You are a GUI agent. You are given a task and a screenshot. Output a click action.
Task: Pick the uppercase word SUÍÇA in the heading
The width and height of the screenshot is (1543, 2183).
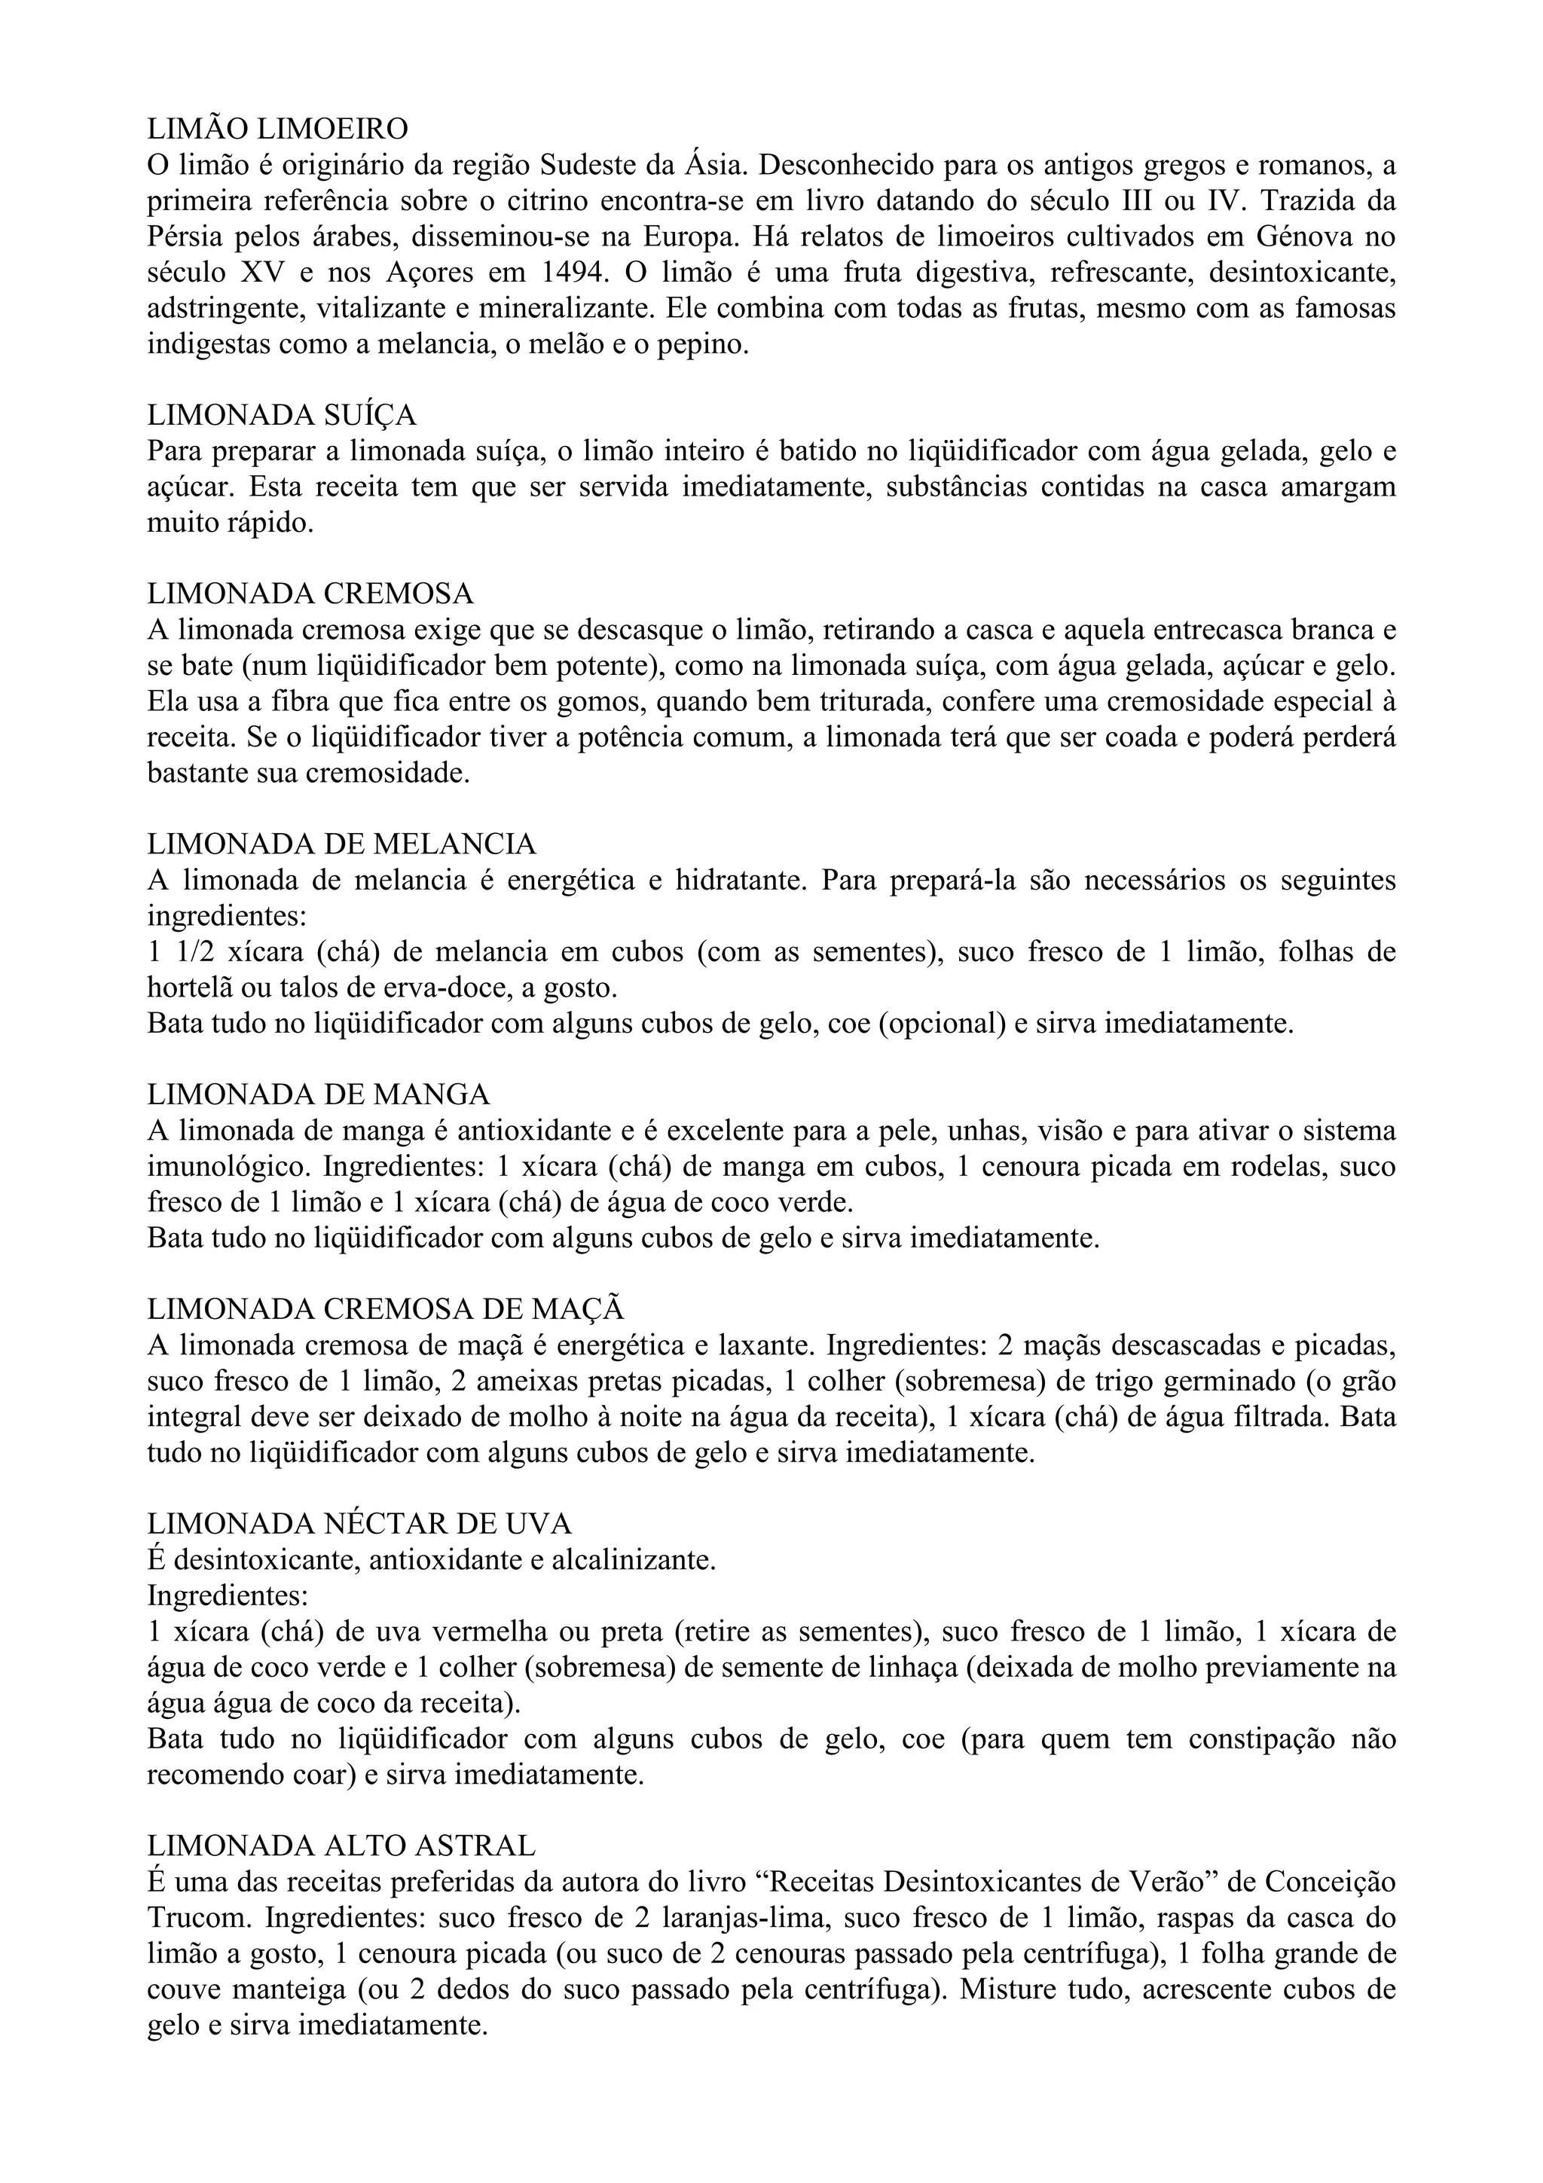(x=370, y=416)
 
